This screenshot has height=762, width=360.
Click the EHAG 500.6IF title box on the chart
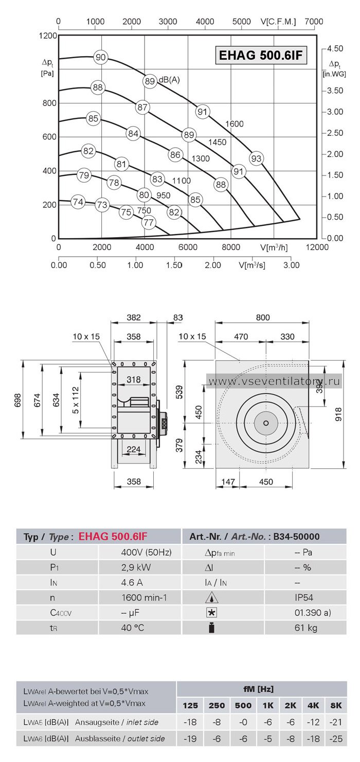[261, 55]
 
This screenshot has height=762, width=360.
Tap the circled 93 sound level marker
[256, 158]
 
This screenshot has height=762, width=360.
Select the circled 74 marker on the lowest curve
[78, 202]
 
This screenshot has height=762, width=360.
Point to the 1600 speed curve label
[235, 124]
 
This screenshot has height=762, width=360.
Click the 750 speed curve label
[144, 210]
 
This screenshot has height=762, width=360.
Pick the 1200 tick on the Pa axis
[48, 36]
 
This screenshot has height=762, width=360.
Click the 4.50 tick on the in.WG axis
[335, 49]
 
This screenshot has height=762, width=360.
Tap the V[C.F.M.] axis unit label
[278, 22]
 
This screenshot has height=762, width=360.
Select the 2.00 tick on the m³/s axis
[213, 265]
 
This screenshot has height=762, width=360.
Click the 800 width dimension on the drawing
[263, 317]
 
